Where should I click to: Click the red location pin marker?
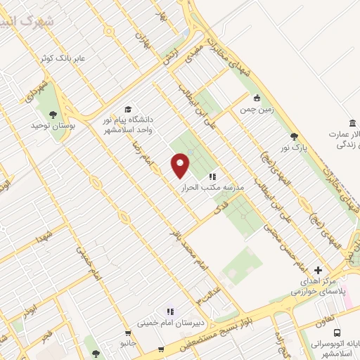(x=181, y=165)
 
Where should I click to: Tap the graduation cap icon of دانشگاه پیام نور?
(x=128, y=109)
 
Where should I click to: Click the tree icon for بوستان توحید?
(x=52, y=112)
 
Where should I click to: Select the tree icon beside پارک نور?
(x=293, y=137)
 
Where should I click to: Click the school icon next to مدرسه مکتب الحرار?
(x=212, y=176)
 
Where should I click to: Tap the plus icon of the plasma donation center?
(x=318, y=270)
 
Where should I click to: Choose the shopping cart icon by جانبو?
(x=127, y=333)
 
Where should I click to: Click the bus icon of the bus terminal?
(x=337, y=333)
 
